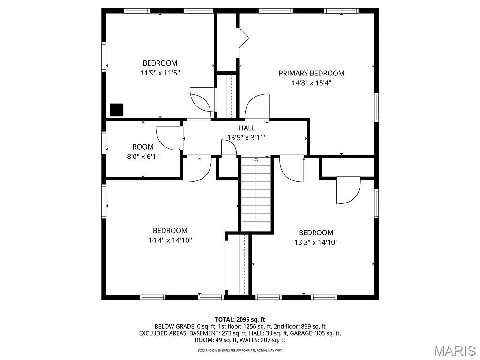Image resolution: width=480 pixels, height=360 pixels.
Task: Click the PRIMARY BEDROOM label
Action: pyautogui.click(x=311, y=73)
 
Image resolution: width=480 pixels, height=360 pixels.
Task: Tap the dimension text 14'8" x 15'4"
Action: pyautogui.click(x=311, y=83)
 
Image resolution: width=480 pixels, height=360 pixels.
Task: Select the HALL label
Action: pyautogui.click(x=247, y=128)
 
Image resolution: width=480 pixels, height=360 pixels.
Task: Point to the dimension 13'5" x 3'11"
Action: pyautogui.click(x=247, y=138)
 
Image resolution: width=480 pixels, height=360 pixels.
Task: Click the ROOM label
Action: pyautogui.click(x=143, y=147)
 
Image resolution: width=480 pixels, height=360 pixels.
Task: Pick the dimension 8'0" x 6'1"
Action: pyautogui.click(x=143, y=157)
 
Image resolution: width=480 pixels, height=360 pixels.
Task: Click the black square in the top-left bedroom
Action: pyautogui.click(x=117, y=110)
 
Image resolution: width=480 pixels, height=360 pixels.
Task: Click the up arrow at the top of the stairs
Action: pyautogui.click(x=256, y=159)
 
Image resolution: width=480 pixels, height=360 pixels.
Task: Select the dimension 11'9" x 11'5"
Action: pyautogui.click(x=160, y=73)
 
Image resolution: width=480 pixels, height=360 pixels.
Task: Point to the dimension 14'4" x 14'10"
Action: pyautogui.click(x=170, y=240)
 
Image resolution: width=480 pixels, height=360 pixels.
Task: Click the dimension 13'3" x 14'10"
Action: pyautogui.click(x=316, y=242)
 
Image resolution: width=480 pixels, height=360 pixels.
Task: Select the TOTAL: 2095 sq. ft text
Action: pyautogui.click(x=240, y=320)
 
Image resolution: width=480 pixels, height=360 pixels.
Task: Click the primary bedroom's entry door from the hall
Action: pyautogui.click(x=257, y=106)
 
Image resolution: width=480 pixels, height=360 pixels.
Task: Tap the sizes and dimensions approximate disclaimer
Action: pyautogui.click(x=240, y=350)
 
